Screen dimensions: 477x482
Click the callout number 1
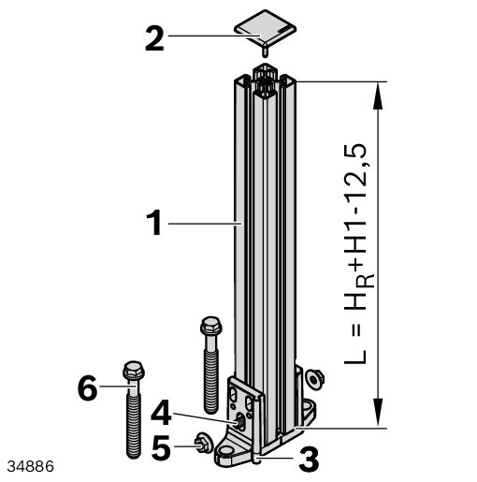pos(154,223)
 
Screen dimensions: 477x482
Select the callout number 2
pos(154,39)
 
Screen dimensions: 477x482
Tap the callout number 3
pos(309,460)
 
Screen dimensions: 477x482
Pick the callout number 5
pos(161,447)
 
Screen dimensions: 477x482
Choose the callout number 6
pos(87,388)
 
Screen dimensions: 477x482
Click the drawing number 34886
pos(30,467)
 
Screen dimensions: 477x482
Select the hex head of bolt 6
pos(134,371)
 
